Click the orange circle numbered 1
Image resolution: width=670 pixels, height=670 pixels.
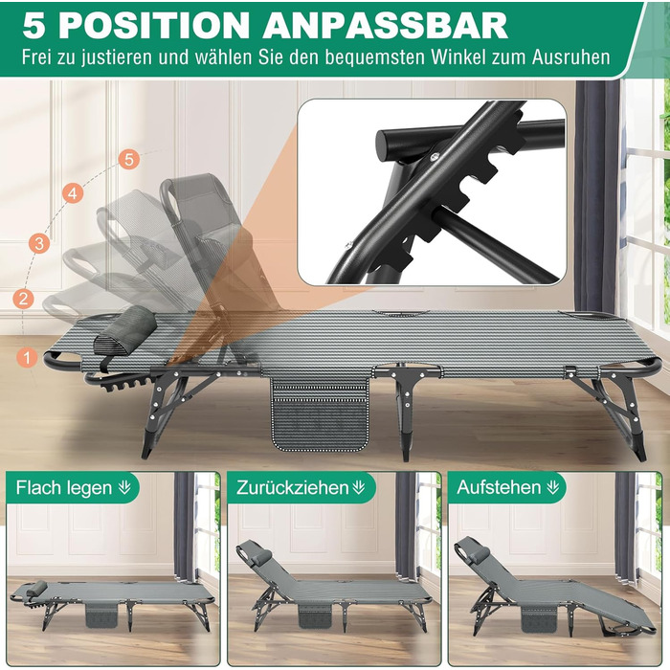point(28,356)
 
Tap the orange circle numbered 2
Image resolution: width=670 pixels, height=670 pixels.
point(24,298)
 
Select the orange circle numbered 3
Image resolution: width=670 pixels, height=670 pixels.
point(39,243)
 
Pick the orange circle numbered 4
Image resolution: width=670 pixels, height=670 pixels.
point(73,193)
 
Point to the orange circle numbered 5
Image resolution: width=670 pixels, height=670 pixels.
point(129,160)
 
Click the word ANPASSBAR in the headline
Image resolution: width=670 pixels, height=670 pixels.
point(385,26)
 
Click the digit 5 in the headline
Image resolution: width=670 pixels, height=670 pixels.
point(34,26)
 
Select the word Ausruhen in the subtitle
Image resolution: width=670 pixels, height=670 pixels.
point(570,57)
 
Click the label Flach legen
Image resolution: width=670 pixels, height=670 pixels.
point(64,487)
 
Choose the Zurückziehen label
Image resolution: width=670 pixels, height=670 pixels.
point(292,487)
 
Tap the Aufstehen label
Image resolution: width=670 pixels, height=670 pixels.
point(499,487)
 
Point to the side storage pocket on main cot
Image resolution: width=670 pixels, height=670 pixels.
point(320,413)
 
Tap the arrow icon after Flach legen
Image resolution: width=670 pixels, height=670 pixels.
point(124,487)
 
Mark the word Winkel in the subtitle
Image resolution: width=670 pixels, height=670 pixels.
point(458,57)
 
